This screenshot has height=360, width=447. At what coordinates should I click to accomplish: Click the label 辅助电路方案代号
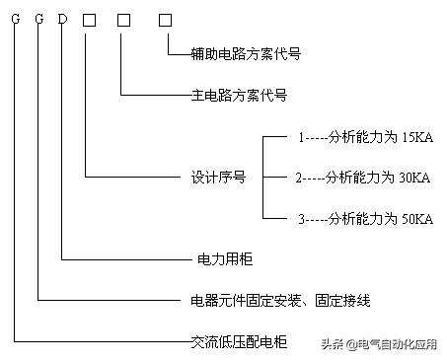(x=231, y=55)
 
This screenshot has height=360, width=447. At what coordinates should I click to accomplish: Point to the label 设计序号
(x=218, y=179)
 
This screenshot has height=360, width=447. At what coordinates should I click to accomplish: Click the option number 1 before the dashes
(x=301, y=139)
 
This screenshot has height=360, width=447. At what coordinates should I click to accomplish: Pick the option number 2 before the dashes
(x=299, y=179)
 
